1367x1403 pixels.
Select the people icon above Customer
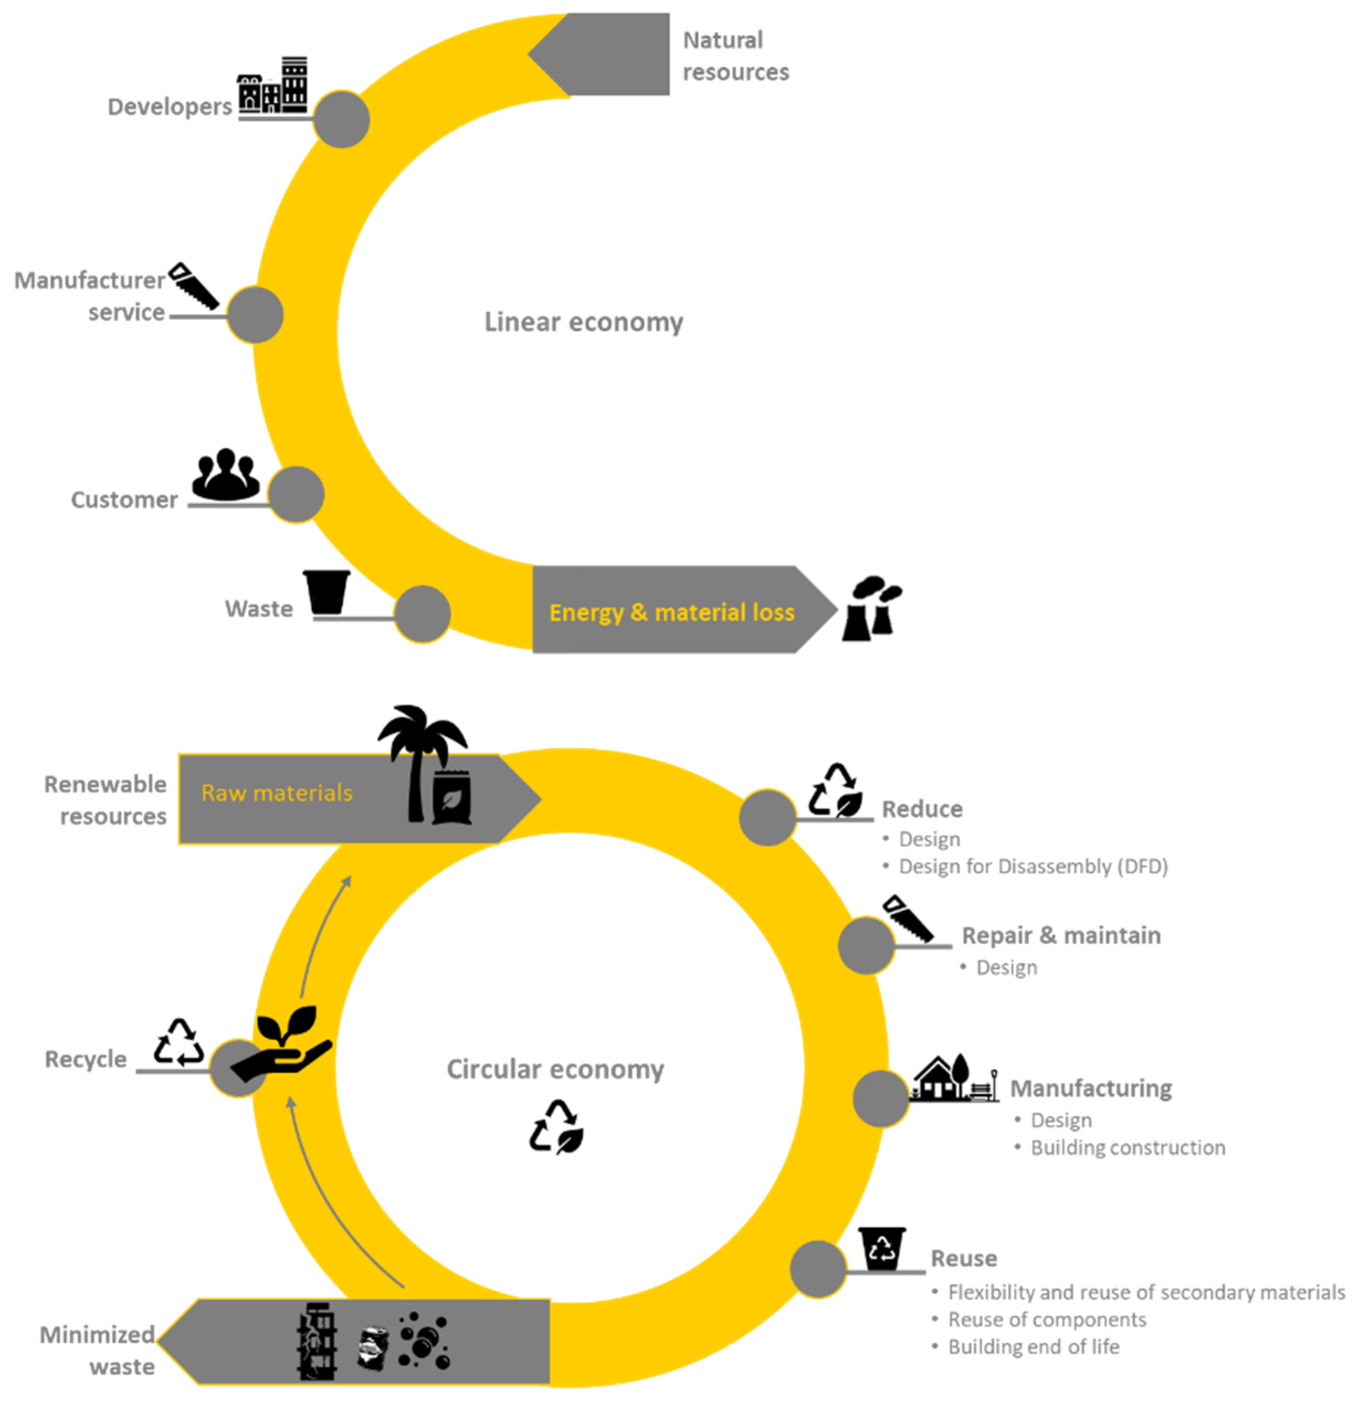(225, 476)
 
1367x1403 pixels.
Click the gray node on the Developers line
(342, 119)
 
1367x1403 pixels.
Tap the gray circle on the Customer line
(296, 494)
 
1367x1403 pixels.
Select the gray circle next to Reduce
(768, 817)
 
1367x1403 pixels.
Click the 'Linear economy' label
(583, 321)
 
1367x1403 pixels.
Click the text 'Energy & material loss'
(671, 613)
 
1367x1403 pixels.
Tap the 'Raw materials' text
(276, 793)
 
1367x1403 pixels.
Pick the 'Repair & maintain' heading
(1060, 936)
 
